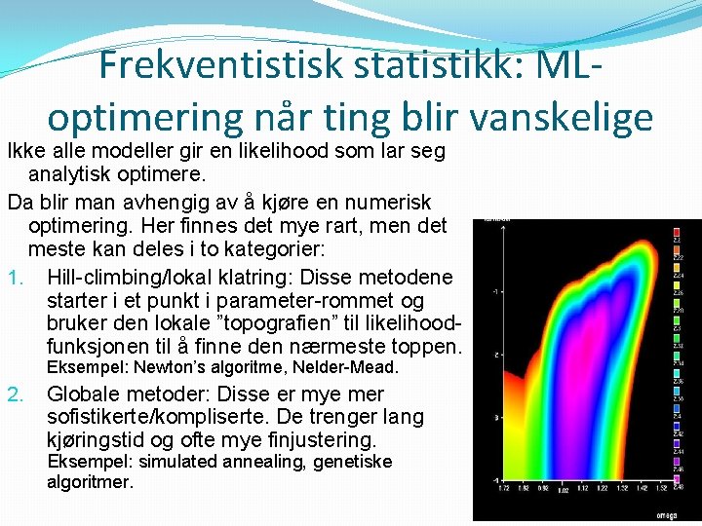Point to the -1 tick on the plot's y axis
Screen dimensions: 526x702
click(496, 291)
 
